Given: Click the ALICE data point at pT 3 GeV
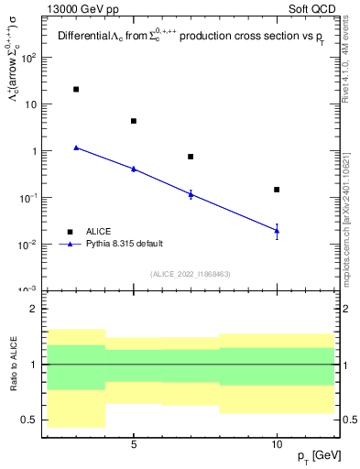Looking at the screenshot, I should click(76, 90).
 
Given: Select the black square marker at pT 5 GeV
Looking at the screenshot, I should click(134, 121).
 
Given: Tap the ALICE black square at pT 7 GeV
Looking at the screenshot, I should click(191, 157).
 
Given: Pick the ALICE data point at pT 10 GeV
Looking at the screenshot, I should click(277, 190).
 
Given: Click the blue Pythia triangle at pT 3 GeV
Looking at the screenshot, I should click(76, 147).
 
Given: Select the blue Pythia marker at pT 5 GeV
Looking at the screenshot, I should click(134, 169).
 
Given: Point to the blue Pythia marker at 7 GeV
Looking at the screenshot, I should click(191, 193).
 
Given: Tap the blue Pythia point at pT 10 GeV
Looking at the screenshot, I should click(277, 230).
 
